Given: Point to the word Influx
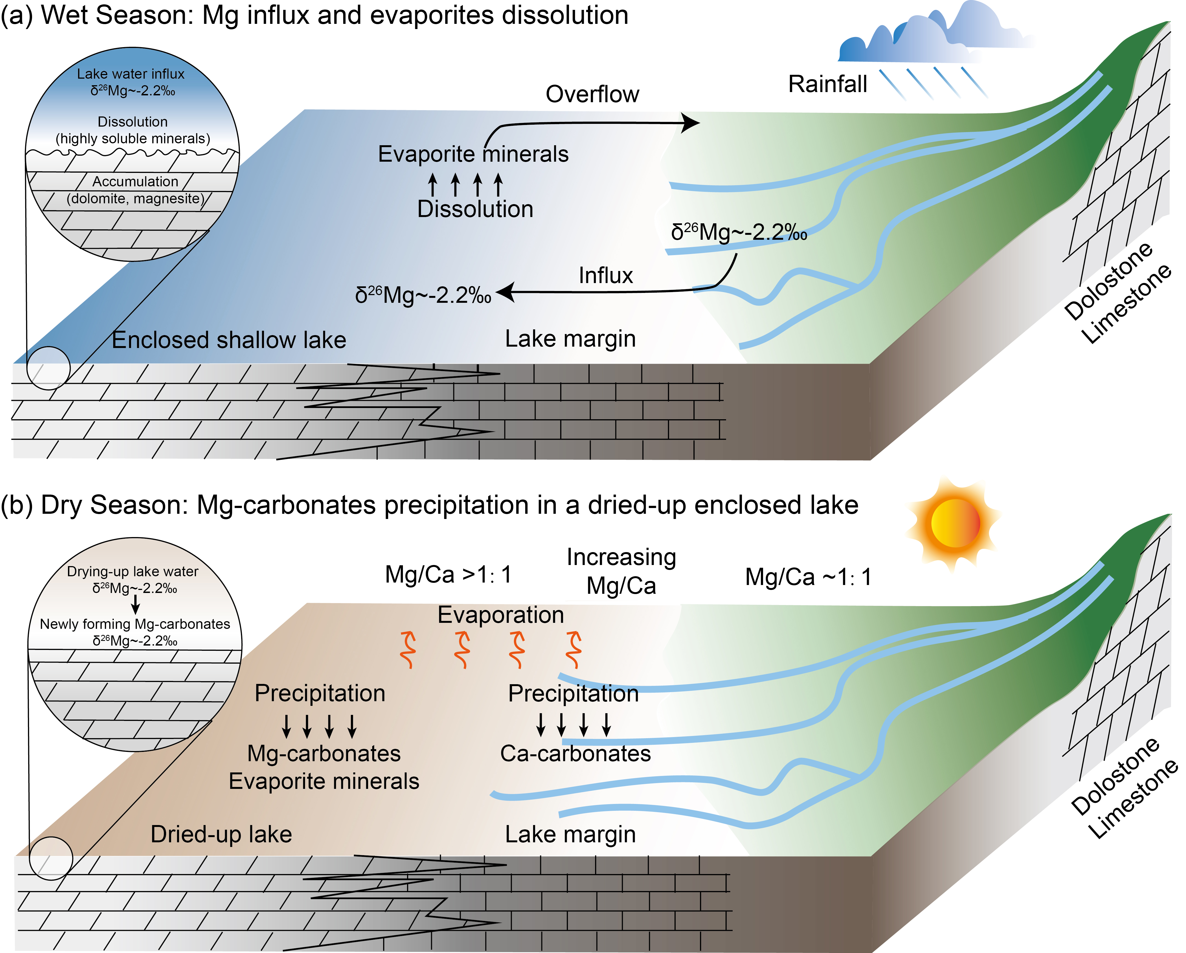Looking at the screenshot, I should click(606, 275).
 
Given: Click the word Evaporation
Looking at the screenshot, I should click(500, 615).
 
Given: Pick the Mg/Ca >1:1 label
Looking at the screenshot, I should click(448, 575).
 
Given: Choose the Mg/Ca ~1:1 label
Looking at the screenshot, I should click(808, 577).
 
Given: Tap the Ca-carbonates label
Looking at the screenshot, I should click(575, 753).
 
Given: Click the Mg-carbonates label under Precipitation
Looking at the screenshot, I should click(324, 753).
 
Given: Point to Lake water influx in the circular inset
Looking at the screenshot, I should click(131, 74).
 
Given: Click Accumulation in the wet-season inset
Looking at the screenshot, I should click(135, 181).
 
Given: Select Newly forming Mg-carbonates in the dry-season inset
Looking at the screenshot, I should click(135, 624).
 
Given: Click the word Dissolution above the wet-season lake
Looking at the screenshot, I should click(475, 210).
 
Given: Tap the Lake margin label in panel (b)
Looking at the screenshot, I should click(570, 834).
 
